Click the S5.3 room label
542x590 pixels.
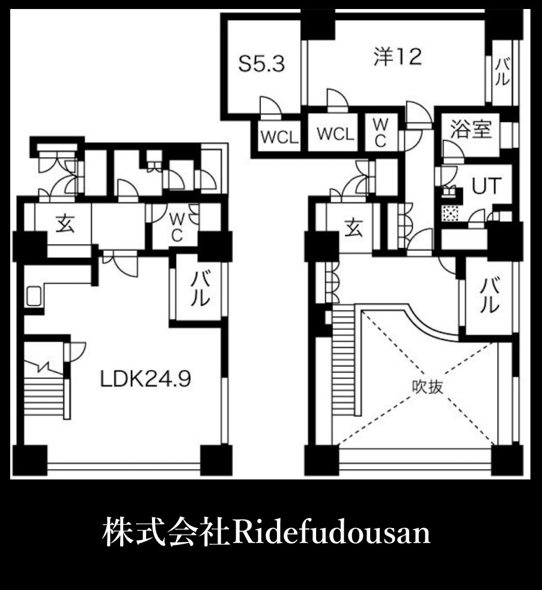261,64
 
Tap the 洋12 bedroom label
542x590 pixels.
397,57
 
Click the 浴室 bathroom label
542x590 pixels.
473,129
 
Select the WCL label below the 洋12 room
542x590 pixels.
335,134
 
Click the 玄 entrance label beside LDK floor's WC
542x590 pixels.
65,225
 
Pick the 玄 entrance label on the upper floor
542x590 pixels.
354,227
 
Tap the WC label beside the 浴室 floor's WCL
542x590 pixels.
381,132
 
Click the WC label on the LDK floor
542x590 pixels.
176,226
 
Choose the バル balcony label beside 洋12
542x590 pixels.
502,71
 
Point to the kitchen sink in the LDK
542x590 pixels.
34,296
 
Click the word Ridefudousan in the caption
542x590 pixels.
332,532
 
